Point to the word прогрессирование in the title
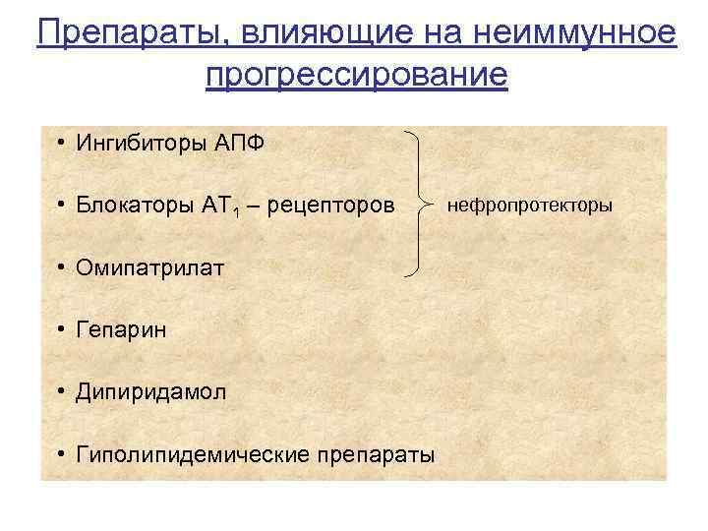pyautogui.click(x=357, y=75)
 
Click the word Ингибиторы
pyautogui.click(x=140, y=144)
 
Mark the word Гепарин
pyautogui.click(x=120, y=329)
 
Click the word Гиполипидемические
pyautogui.click(x=192, y=454)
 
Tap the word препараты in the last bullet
pyautogui.click(x=376, y=454)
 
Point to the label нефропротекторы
pyautogui.click(x=529, y=206)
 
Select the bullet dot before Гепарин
pyautogui.click(x=61, y=329)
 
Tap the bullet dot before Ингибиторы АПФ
pyautogui.click(x=61, y=144)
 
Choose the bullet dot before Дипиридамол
pyautogui.click(x=61, y=391)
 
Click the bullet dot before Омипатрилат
pyautogui.click(x=61, y=267)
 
